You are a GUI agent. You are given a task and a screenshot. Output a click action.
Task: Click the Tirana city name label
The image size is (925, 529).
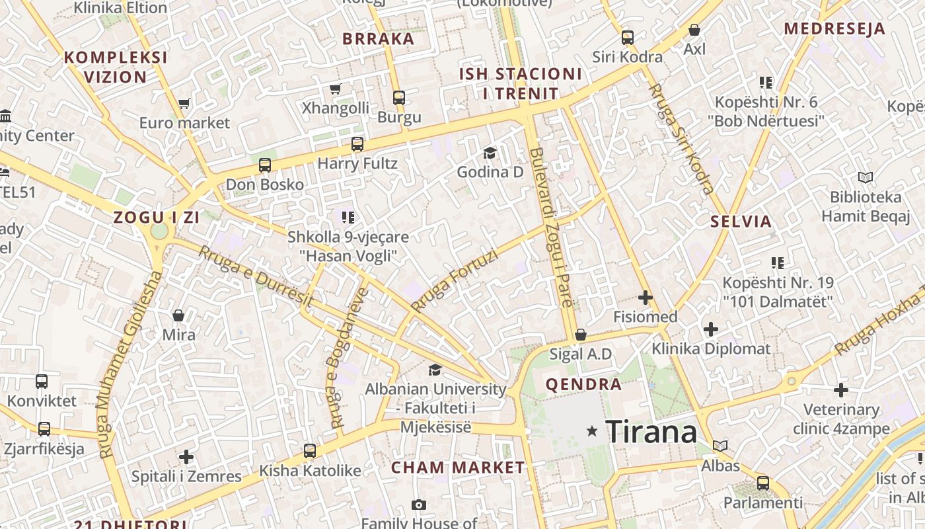pos(651,432)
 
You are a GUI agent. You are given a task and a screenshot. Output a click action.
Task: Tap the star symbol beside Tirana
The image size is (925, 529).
pos(592,431)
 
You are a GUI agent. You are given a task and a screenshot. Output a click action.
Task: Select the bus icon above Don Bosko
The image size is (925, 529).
pos(265,165)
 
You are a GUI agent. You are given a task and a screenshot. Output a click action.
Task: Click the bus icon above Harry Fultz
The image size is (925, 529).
pos(357,143)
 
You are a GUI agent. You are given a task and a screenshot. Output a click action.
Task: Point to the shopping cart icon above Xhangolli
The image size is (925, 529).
pos(335,89)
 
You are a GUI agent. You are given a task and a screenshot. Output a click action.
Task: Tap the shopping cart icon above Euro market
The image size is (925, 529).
pos(184,103)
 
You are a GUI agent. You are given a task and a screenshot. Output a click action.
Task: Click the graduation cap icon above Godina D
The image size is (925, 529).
pos(490,153)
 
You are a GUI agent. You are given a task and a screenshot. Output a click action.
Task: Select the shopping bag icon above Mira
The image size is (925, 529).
pos(178,315)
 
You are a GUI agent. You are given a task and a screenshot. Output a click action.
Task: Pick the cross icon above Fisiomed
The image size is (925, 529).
pos(646,298)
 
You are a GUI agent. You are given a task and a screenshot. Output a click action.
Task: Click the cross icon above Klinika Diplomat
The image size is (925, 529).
pos(711,329)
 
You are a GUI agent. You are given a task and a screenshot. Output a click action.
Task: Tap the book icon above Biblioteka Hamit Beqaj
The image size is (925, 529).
pos(865,177)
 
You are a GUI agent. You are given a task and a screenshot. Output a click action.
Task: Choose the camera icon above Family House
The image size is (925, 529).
pos(418,505)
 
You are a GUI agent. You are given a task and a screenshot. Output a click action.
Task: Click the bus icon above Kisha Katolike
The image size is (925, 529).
pos(310,451)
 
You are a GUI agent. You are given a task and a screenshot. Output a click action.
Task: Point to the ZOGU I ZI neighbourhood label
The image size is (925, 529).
pos(157,217)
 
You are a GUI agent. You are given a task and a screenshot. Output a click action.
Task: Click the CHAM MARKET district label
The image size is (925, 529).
pos(458,468)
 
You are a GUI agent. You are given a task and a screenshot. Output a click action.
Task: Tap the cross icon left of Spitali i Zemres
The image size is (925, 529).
pos(186,456)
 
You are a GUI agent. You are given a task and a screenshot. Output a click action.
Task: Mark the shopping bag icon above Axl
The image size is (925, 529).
pos(694,30)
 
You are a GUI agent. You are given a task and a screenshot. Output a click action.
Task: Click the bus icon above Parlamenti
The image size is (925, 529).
pos(763,483)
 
